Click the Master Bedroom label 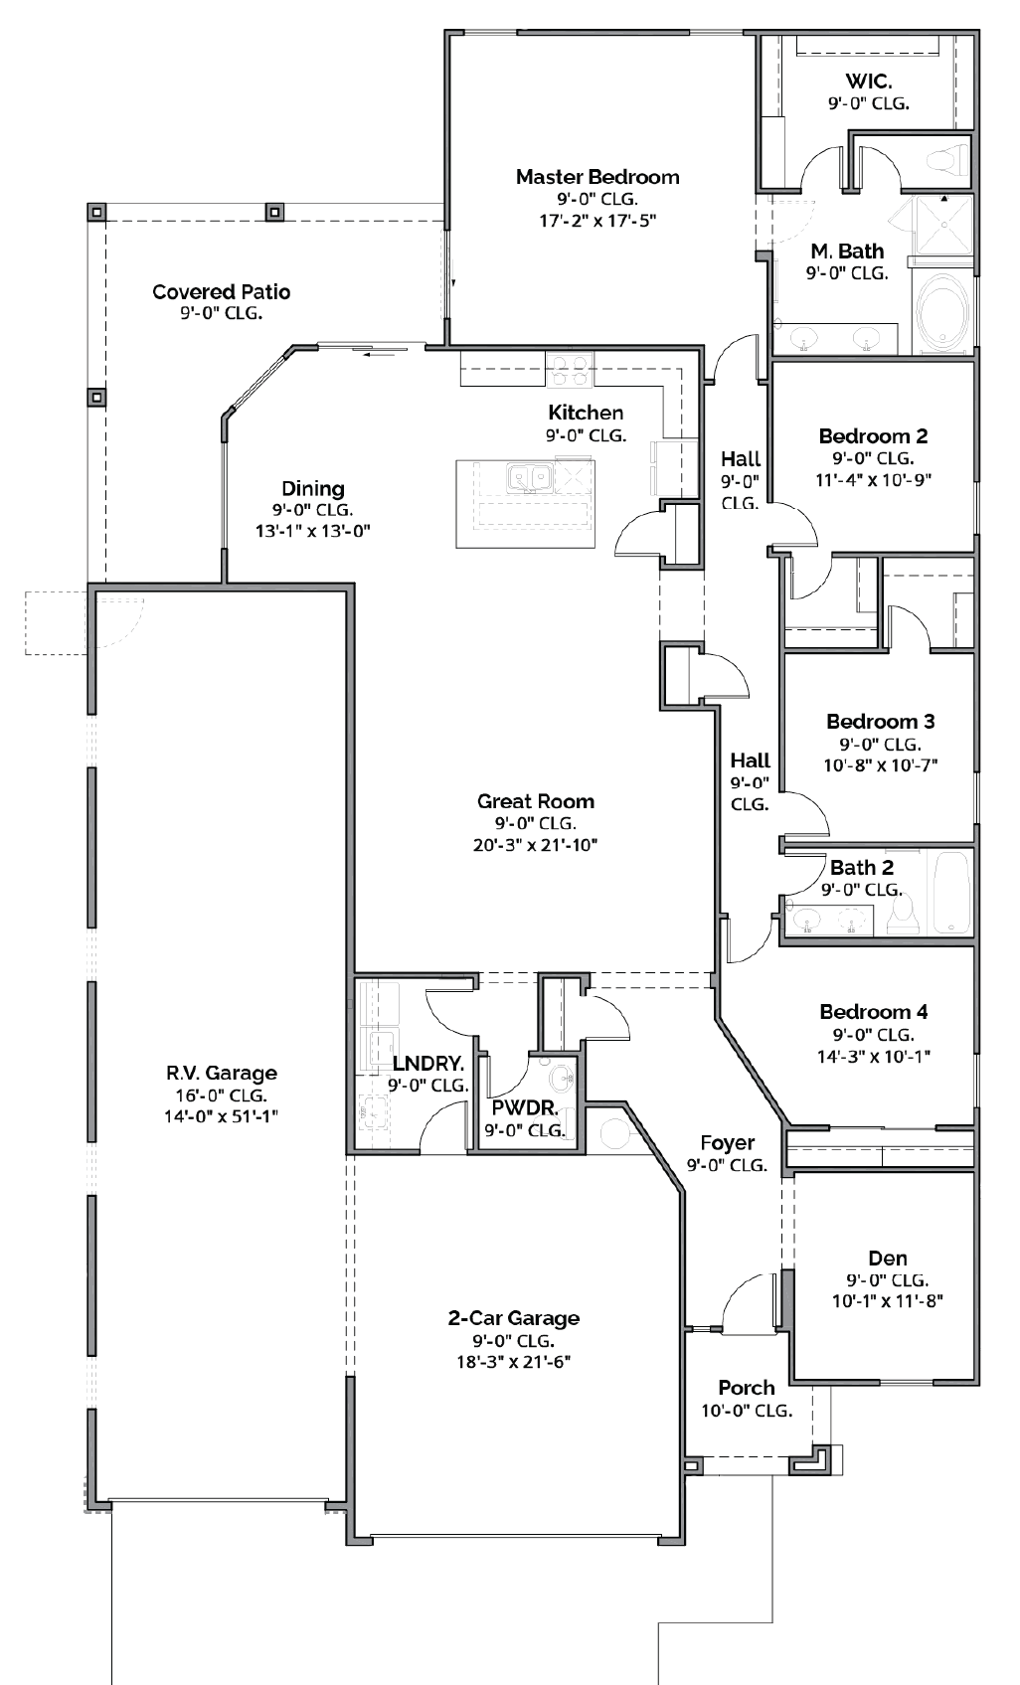[x=597, y=177]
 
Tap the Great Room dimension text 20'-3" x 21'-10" [x=535, y=845]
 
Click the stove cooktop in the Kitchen [x=570, y=370]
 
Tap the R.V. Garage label [x=221, y=1073]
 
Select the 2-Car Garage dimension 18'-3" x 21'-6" [x=513, y=1362]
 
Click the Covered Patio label [x=221, y=291]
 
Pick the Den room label [x=887, y=1258]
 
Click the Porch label [x=746, y=1387]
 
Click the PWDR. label [x=524, y=1107]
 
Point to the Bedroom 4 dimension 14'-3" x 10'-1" [x=873, y=1056]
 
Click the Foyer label [x=727, y=1142]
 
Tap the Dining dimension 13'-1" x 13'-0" [x=312, y=531]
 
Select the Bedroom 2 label [x=873, y=435]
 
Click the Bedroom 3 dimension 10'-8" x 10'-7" [x=880, y=765]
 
